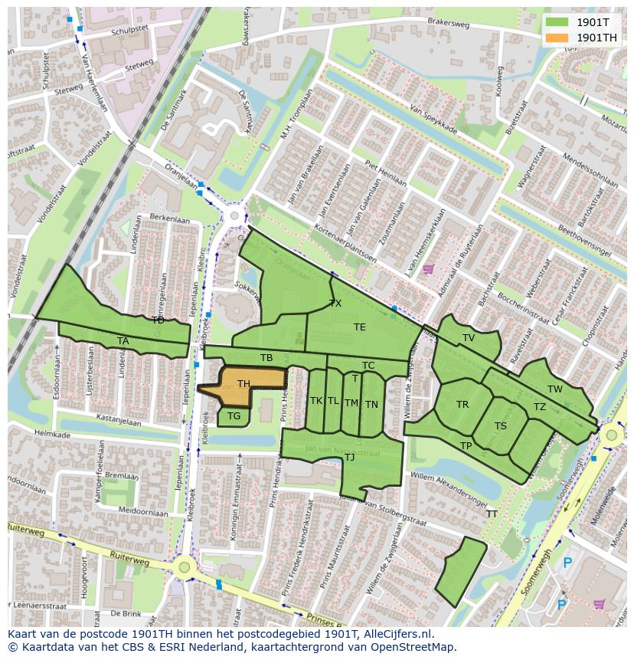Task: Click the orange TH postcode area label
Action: [x=243, y=384]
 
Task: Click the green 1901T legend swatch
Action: [x=556, y=22]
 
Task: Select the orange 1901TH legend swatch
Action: [x=556, y=37]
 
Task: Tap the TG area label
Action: [x=234, y=416]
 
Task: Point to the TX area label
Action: [x=335, y=304]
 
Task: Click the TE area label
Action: [x=359, y=327]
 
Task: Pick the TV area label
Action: [x=468, y=338]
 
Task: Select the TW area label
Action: [x=554, y=389]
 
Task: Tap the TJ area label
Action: [x=349, y=458]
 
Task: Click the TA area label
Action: [x=123, y=341]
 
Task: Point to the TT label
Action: [x=492, y=514]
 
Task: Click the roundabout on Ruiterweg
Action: [x=183, y=568]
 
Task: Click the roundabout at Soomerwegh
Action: [x=610, y=436]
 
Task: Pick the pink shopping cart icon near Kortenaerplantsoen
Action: [x=427, y=269]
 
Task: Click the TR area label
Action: [x=462, y=405]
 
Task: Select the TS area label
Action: [x=500, y=426]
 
